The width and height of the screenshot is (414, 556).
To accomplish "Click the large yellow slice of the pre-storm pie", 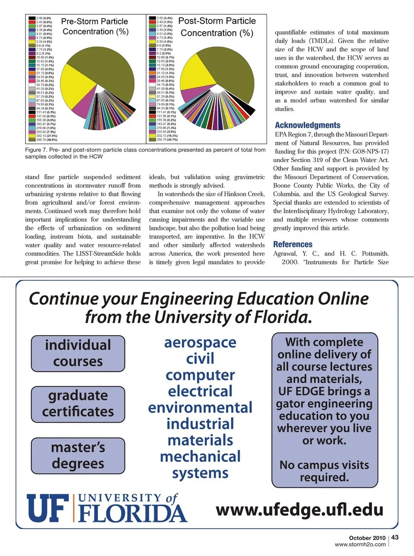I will tap(75, 88).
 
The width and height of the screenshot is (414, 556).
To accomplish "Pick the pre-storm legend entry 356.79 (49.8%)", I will tap(43, 140).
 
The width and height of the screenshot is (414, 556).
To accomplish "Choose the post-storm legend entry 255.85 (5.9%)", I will tap(163, 132).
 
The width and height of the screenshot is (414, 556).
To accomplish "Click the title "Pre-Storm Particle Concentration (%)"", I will tap(95, 26).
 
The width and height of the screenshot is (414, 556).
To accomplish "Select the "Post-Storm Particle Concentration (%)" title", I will tap(217, 27).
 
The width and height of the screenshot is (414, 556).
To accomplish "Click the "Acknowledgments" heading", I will tap(307, 125).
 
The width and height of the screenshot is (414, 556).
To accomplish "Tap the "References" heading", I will tap(292, 244).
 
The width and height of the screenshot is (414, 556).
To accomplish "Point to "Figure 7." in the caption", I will tap(35, 150).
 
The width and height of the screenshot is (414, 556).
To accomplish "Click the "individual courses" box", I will tap(78, 353).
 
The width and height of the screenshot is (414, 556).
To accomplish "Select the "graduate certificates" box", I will tap(78, 404).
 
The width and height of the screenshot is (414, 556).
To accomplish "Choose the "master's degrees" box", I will tap(78, 455).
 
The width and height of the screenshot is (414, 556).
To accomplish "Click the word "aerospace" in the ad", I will tap(200, 342).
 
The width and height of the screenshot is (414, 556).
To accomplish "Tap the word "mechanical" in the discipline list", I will tap(200, 456).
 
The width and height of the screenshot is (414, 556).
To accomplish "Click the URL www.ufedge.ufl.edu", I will tap(299, 509).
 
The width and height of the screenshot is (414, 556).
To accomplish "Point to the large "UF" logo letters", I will tap(47, 508).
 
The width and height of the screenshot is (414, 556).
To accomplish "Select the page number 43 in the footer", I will tap(395, 537).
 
